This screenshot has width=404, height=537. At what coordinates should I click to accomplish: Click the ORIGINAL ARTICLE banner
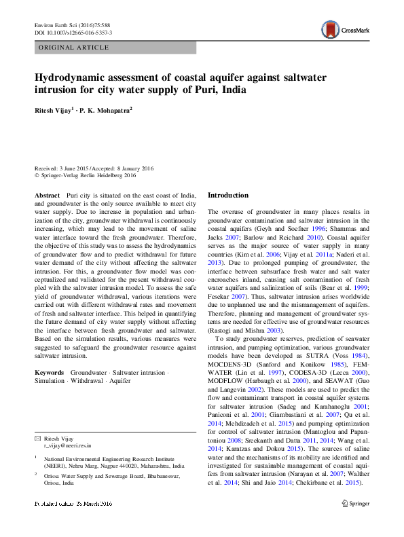pos(75,48)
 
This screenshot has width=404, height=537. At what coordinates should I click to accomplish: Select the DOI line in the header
pos(73,32)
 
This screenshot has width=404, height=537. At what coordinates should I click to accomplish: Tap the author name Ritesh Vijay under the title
pos(54,109)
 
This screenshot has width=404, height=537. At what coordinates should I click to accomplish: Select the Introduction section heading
pos(228,195)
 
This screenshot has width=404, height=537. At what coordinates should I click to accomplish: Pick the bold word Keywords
pos(50,373)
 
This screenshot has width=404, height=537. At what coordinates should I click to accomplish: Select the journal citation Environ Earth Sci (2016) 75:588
pos(73,24)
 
